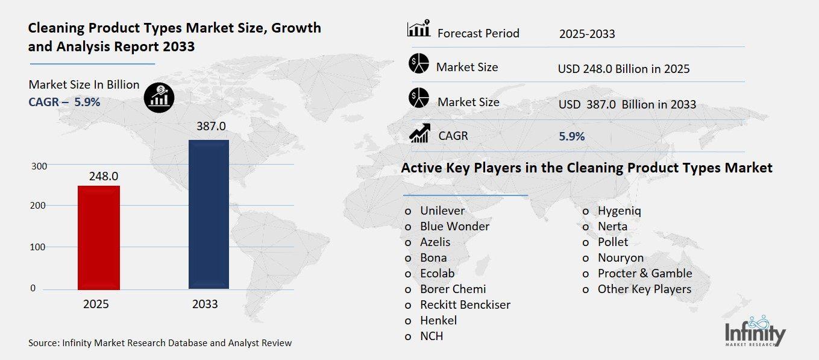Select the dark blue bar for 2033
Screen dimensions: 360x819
[x=209, y=214]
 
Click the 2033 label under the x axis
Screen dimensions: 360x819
[x=205, y=305]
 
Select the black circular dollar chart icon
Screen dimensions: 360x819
[x=159, y=97]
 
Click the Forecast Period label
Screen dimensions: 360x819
[x=478, y=33]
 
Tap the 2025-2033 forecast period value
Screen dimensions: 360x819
[x=586, y=34]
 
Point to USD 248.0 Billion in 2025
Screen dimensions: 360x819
[x=624, y=69]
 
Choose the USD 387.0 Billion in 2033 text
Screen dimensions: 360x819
[x=627, y=104]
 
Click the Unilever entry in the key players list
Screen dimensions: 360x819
[x=442, y=211]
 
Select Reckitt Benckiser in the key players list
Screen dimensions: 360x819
[x=465, y=305]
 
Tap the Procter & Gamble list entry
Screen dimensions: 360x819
[x=644, y=273]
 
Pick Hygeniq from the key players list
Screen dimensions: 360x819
[x=619, y=211]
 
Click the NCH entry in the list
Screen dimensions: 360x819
[x=431, y=336]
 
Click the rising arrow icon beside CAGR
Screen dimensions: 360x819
[x=419, y=134]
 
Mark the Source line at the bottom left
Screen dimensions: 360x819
[x=160, y=343]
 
